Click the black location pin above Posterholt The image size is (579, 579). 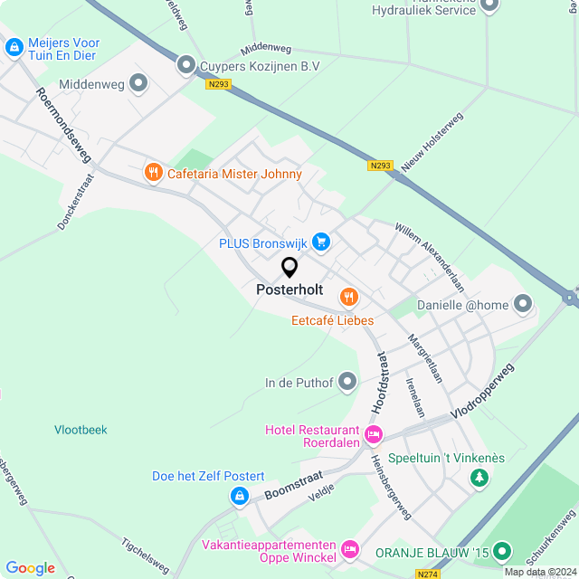289,268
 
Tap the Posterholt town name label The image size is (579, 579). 289,289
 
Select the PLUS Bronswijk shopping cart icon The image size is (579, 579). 320,242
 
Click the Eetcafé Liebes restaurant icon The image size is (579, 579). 348,297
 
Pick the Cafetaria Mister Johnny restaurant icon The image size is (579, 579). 153,172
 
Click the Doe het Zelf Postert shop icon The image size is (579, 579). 239,496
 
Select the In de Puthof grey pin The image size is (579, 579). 347,384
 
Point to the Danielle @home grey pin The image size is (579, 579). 523,305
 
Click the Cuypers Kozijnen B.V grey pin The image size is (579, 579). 186,64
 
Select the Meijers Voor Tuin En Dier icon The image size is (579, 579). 14,48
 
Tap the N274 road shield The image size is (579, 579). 428,574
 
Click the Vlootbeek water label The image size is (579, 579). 81,430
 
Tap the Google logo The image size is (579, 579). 30,567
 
